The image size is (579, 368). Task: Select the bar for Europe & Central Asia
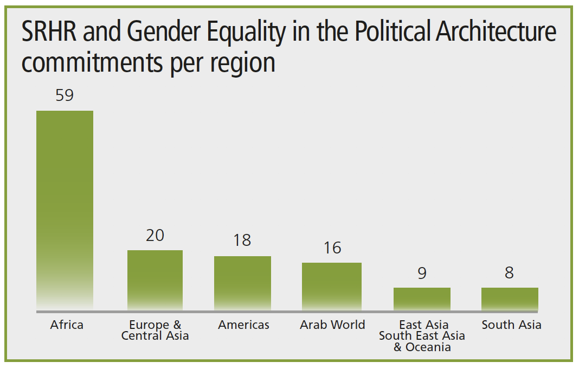tap(155, 280)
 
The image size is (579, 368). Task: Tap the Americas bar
tap(242, 283)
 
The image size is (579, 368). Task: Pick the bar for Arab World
tap(331, 287)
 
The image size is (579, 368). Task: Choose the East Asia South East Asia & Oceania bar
tap(422, 299)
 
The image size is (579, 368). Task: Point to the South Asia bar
tap(510, 299)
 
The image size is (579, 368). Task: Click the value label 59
tap(65, 96)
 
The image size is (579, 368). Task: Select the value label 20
tap(155, 236)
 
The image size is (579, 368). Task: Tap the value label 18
tap(242, 240)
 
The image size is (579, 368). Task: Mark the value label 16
tap(332, 248)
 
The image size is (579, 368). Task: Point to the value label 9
tap(422, 272)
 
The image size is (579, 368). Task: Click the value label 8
tap(509, 272)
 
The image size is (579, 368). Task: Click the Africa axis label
tap(67, 325)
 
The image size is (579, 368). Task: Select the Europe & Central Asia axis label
tap(155, 331)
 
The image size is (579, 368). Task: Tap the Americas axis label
tap(243, 325)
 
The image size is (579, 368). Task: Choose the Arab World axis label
tap(332, 325)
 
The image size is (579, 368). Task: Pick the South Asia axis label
tap(511, 325)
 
